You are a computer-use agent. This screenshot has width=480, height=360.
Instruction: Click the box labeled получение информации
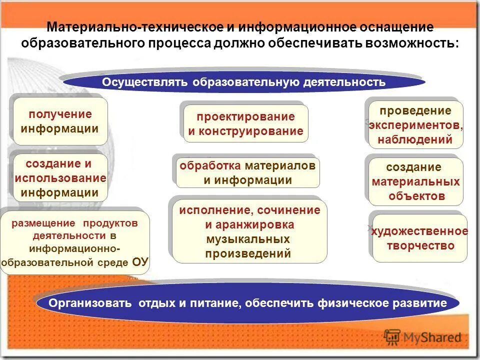tap(60, 121)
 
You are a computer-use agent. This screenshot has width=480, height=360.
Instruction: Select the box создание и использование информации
tap(60, 177)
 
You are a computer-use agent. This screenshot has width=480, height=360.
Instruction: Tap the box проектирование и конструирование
tap(245, 123)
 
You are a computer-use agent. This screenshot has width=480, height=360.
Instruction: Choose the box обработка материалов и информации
tap(247, 172)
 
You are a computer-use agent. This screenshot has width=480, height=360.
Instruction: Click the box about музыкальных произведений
tap(248, 231)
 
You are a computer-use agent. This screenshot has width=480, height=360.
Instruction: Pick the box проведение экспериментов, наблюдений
tap(416, 125)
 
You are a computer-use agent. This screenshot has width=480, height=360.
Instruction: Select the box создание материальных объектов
tap(416, 181)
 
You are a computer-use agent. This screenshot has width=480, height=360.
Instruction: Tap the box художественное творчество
tap(420, 238)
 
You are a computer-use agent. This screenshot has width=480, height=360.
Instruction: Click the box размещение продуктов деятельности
tap(75, 242)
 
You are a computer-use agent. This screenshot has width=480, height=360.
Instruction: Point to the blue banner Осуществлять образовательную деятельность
tap(244, 81)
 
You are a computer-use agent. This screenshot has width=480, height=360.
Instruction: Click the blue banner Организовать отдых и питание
tap(247, 303)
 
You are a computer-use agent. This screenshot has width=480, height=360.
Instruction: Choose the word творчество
tap(420, 245)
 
